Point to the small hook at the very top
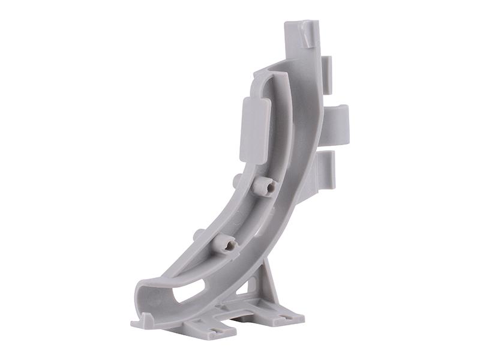pos(308,34)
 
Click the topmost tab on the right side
pos(327,74)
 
